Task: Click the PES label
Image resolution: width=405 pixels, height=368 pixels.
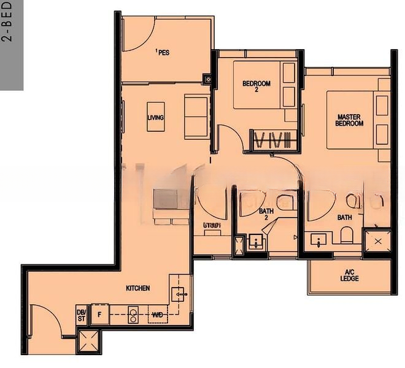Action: [x=163, y=53]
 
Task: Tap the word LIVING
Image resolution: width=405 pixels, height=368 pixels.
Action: [x=155, y=118]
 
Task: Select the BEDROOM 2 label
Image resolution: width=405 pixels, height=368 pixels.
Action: [x=256, y=86]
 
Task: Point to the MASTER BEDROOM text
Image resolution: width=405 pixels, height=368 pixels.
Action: [x=349, y=120]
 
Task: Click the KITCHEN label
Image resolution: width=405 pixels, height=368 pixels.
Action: [x=138, y=288]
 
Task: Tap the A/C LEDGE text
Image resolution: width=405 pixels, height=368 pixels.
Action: [x=349, y=276]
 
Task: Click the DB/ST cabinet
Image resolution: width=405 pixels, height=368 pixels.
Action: [x=82, y=315]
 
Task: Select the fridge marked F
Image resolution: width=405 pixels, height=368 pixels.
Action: [x=99, y=315]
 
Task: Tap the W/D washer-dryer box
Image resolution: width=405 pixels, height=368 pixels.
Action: [x=158, y=315]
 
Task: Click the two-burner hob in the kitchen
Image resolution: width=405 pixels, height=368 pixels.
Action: [x=133, y=315]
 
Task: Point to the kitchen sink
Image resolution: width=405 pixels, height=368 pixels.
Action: [x=181, y=295]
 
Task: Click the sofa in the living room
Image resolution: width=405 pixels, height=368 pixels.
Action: [x=196, y=117]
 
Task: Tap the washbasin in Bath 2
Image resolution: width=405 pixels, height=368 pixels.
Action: [x=255, y=242]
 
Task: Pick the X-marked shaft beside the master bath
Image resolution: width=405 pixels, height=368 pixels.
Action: [x=377, y=242]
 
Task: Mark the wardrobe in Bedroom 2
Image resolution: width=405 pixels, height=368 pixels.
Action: [x=274, y=140]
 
